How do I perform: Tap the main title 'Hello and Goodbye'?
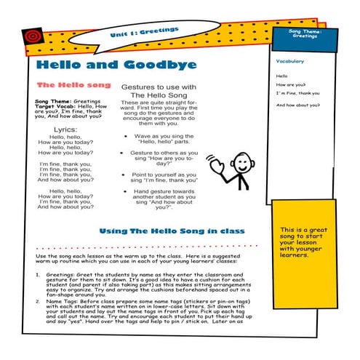coord(116,65)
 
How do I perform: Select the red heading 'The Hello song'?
coord(73,84)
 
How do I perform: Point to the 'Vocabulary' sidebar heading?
coord(290,61)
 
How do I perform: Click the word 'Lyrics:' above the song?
coord(65,129)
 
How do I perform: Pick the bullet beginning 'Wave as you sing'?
coord(163,137)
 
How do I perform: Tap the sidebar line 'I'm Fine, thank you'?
coord(297,93)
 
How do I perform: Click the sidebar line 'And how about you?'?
coord(298,105)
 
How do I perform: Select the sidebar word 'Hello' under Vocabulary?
coord(282,76)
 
